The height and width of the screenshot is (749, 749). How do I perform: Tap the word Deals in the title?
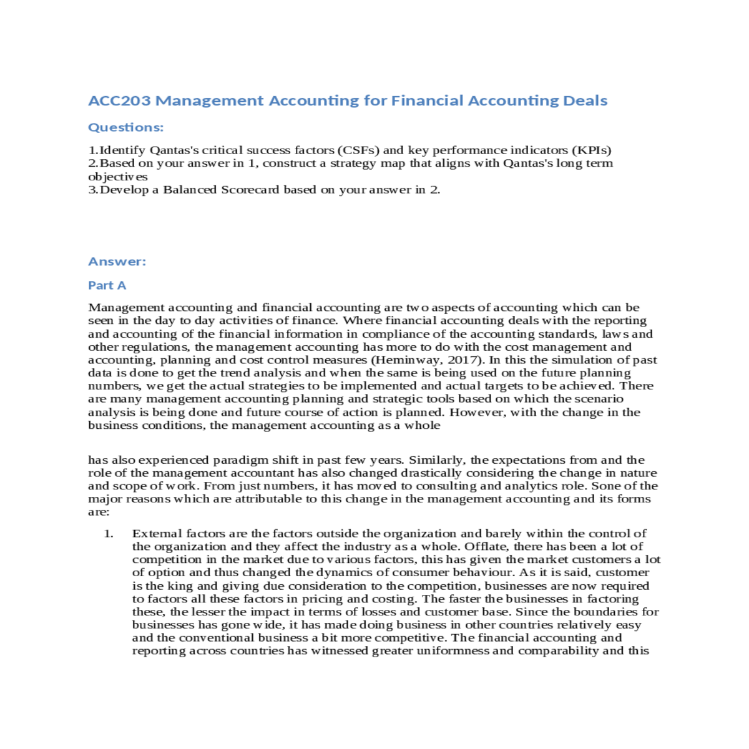pos(585,100)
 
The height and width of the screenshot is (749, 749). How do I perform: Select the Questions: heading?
pos(125,127)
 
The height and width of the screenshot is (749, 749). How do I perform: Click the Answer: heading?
pos(117,262)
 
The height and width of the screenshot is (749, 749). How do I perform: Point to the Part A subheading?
pos(107,285)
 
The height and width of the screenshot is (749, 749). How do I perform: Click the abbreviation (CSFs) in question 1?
pos(358,150)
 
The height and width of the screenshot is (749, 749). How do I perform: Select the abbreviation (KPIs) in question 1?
pos(591,150)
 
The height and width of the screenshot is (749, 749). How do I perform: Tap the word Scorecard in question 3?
pos(250,190)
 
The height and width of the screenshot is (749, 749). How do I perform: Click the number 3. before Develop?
pos(93,190)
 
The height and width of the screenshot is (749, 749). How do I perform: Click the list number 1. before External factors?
pos(109,534)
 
